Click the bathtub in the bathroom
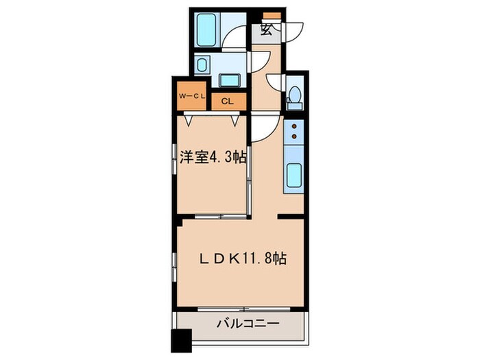coord(206,29)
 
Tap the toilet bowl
coord(296,95)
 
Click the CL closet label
coord(226,101)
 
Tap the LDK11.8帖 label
coord(243,259)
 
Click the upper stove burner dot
coord(296,127)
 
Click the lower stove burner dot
coord(296,137)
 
